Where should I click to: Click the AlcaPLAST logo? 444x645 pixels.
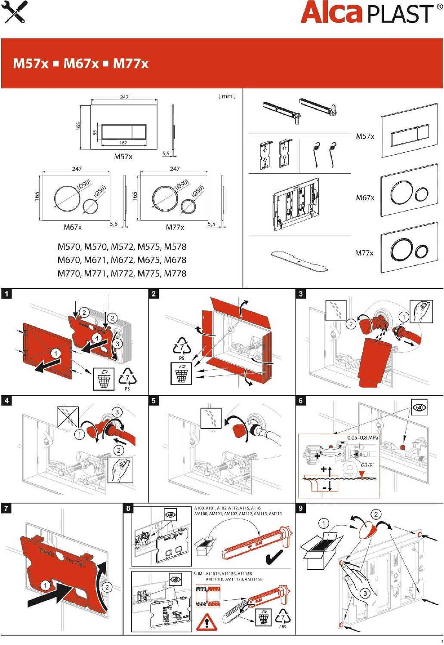point(368,13)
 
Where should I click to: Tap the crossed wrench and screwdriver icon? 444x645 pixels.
point(14,12)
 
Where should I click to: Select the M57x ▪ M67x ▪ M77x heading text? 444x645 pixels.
point(81,64)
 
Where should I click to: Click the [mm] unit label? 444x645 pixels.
point(227,96)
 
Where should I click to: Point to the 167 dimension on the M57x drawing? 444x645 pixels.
point(123,143)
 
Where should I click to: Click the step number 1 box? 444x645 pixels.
point(6,294)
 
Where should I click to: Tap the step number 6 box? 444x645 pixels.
point(301,400)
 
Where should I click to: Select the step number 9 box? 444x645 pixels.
point(301,508)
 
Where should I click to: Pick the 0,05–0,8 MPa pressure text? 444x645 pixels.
point(363,438)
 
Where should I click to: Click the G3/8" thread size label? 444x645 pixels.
point(368,465)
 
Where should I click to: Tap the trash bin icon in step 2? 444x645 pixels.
point(182,373)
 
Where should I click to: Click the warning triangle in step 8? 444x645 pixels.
point(207,622)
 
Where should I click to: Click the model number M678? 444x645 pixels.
point(175,260)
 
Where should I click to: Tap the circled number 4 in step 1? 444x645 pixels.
point(97,338)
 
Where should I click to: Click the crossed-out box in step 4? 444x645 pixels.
point(68,417)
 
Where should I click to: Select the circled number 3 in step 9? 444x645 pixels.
point(365,593)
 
